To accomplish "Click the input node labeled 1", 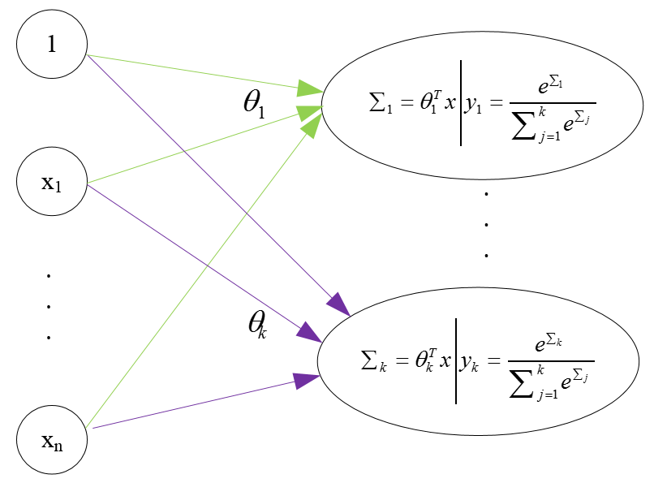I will pyautogui.click(x=52, y=44).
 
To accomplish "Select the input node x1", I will pyautogui.click(x=52, y=182).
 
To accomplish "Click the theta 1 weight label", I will pyautogui.click(x=254, y=106).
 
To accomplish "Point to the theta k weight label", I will pyautogui.click(x=256, y=324).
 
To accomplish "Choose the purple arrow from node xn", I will pyautogui.click(x=195, y=403).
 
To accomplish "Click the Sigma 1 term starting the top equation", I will pyautogui.click(x=381, y=102).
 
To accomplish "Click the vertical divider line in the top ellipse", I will pyautogui.click(x=461, y=103).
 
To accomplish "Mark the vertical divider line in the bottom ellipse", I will pyautogui.click(x=456, y=361).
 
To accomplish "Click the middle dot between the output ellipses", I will pyautogui.click(x=486, y=224).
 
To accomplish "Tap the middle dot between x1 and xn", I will pyautogui.click(x=49, y=306).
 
